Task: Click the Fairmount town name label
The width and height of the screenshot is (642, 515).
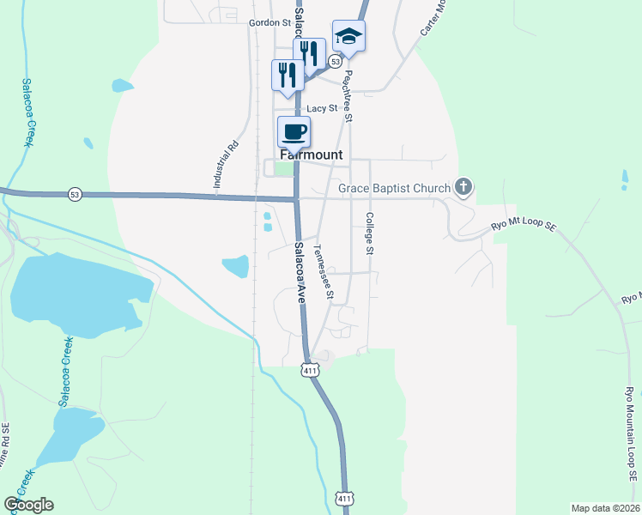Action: tap(310, 155)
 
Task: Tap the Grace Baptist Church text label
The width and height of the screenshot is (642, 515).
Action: tap(394, 188)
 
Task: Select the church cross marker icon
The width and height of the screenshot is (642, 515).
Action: tap(464, 186)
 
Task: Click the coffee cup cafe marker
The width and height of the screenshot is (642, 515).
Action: tap(294, 132)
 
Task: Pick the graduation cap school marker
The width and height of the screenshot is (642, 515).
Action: tap(348, 36)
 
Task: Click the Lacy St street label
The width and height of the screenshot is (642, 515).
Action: tap(322, 108)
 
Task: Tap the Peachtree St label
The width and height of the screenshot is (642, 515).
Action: tap(348, 94)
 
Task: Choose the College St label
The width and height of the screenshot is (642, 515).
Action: tap(370, 233)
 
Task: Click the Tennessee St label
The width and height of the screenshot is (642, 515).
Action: tap(323, 272)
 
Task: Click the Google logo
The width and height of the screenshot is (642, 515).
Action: tap(29, 505)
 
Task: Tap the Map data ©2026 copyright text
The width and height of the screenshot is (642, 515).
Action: tap(606, 507)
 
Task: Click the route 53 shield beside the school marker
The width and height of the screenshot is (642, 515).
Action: tap(335, 62)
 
